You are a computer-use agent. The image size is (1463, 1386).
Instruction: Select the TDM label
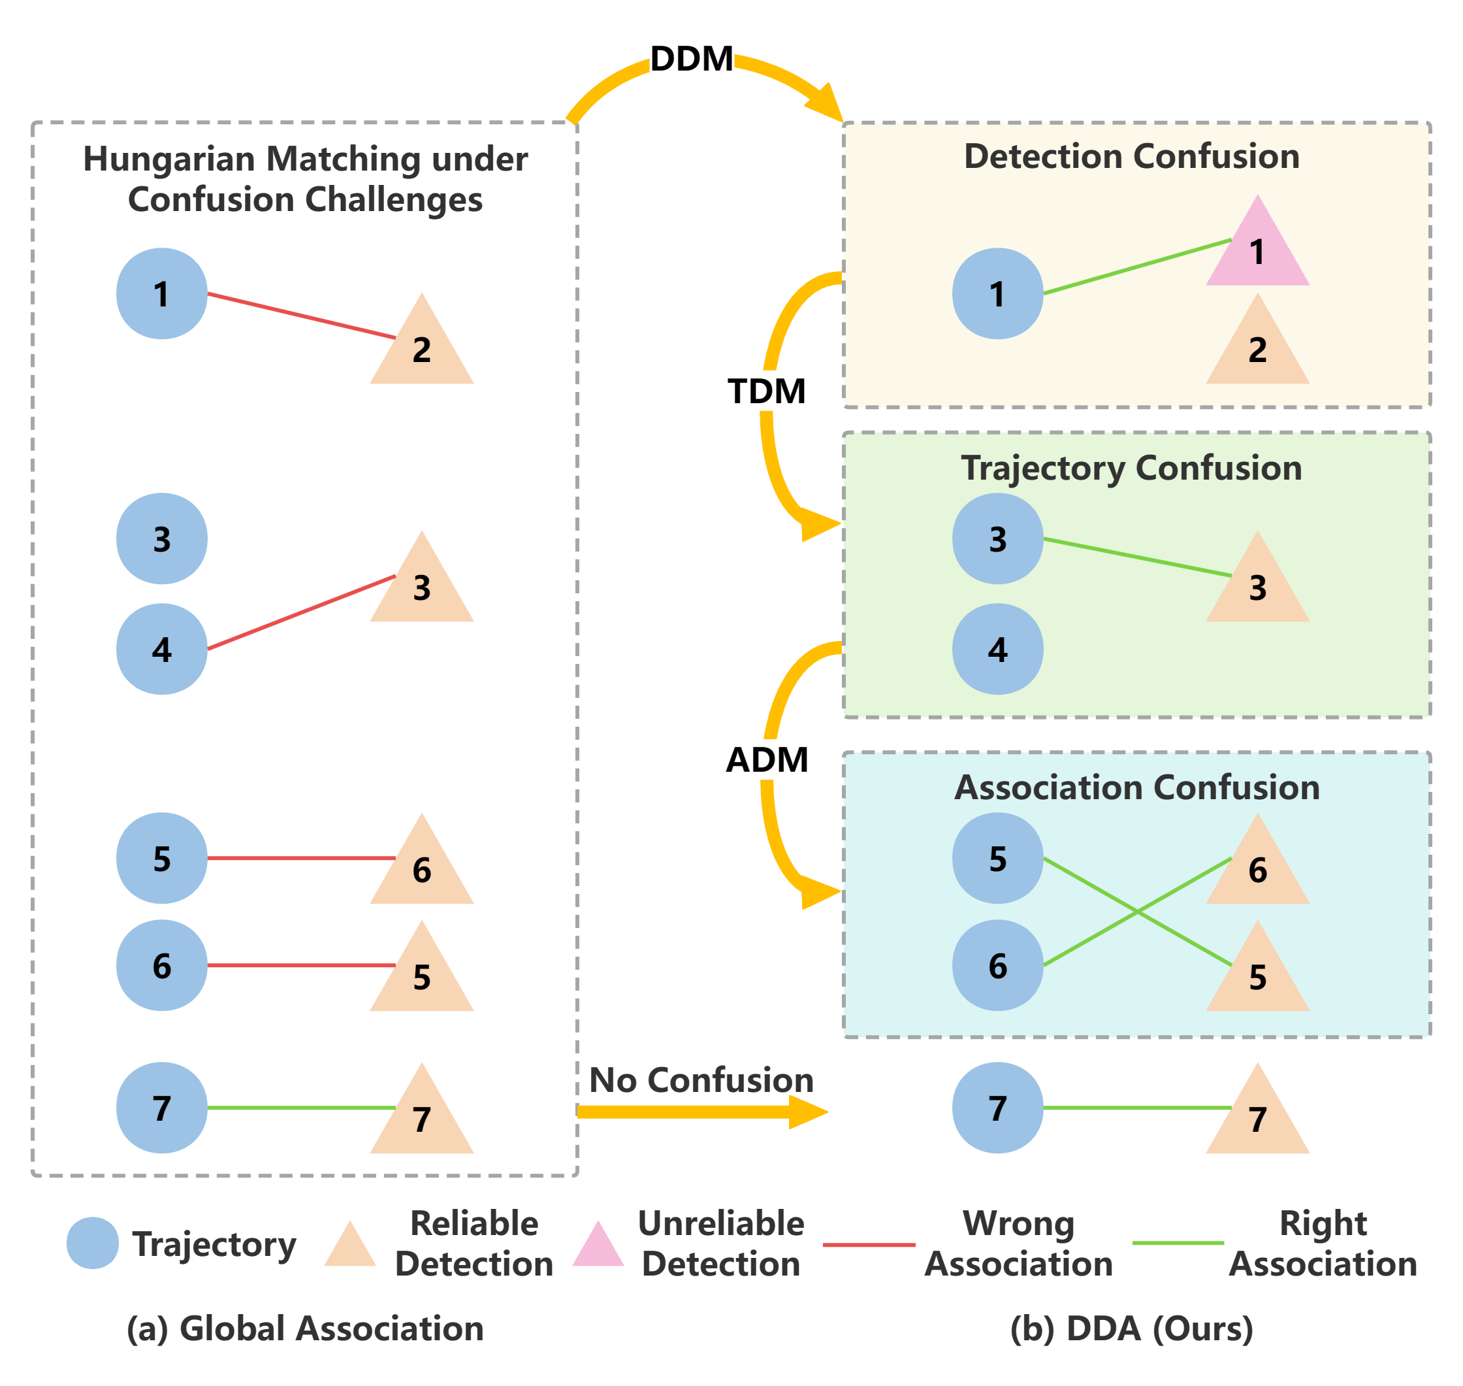click(x=767, y=391)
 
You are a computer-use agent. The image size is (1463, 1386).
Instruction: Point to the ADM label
click(x=767, y=759)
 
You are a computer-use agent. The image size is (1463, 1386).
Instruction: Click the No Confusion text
click(x=701, y=1080)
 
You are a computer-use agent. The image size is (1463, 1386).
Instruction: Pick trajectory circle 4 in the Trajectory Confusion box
click(x=997, y=649)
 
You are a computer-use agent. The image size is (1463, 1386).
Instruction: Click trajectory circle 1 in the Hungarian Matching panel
click(x=162, y=293)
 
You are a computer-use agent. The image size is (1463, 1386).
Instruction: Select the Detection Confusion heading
click(x=1131, y=157)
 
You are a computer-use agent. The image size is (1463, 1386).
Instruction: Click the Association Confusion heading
click(x=1136, y=787)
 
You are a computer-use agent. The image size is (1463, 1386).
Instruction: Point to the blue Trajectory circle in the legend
click(x=92, y=1244)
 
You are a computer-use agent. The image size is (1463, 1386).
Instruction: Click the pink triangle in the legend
click(x=598, y=1244)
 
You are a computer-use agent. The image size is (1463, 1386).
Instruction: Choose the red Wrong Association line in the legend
click(x=869, y=1244)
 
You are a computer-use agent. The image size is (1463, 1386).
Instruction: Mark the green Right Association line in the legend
click(x=1178, y=1243)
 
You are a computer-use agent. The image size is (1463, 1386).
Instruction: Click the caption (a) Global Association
click(x=305, y=1329)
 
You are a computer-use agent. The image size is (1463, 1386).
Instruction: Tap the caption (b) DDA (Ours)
click(x=1131, y=1329)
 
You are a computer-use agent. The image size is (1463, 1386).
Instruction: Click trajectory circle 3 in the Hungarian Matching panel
click(x=162, y=538)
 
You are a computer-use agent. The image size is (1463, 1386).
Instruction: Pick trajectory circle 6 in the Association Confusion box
click(x=997, y=965)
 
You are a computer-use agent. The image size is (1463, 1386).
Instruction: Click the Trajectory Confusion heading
click(x=1131, y=469)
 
